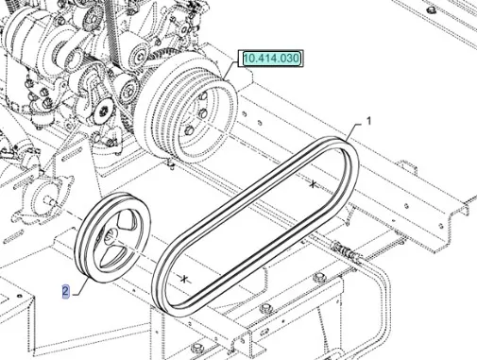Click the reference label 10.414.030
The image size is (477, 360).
point(271,59)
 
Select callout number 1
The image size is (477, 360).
point(368,121)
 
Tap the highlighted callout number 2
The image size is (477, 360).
point(65,291)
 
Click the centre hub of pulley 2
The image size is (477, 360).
point(111,234)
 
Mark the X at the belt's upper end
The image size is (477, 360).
point(312,184)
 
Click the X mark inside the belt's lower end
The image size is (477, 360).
point(184,278)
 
